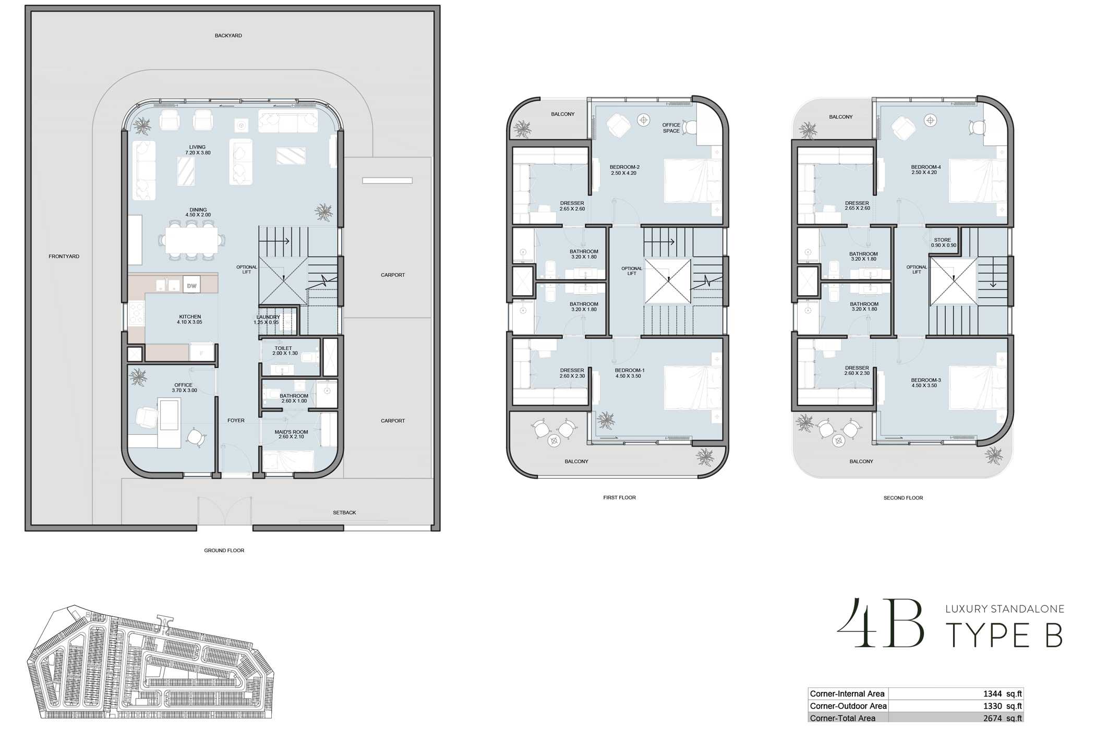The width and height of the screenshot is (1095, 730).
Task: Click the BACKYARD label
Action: [x=228, y=35]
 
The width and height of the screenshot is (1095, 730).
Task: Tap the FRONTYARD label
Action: [x=64, y=257]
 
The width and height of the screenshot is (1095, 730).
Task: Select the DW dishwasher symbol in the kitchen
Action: [x=192, y=285]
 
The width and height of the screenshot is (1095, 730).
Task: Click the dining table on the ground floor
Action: [x=192, y=240]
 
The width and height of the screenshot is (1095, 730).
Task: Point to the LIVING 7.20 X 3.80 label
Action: [x=198, y=150]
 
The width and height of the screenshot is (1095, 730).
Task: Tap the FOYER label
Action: [x=236, y=420]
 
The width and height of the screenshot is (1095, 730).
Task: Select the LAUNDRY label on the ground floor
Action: [x=268, y=317]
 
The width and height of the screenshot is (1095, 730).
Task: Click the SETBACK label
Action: [x=344, y=513]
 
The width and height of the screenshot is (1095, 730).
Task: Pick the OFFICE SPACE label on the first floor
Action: [x=671, y=128]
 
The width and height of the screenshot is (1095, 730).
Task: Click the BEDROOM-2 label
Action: [x=624, y=167]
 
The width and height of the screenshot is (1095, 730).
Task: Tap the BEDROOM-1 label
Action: [x=630, y=370]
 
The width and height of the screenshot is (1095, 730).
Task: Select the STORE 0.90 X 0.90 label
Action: [x=942, y=242]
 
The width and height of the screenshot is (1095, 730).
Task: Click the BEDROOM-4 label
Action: [x=926, y=167]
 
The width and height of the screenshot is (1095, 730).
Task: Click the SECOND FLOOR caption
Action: [x=903, y=498]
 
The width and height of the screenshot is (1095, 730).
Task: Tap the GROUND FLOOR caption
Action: [x=224, y=550]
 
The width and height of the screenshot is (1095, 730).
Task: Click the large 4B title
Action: [x=881, y=624]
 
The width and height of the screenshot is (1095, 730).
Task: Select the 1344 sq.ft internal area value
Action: [x=1002, y=693]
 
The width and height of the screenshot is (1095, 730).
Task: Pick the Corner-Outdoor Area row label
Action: [x=848, y=706]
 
